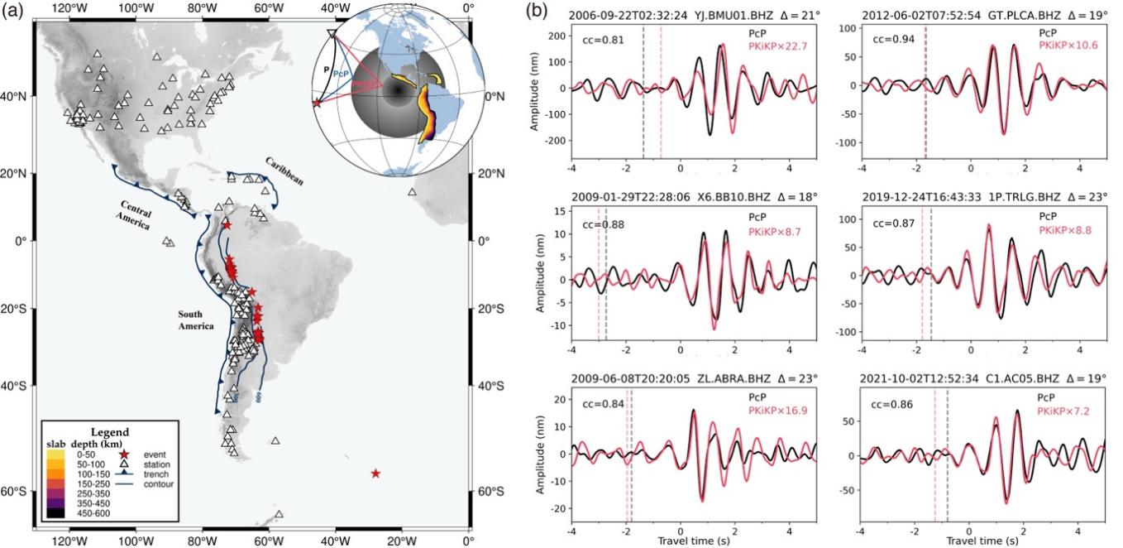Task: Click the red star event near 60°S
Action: coord(375,473)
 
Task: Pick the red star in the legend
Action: coord(125,455)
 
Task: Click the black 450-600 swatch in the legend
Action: coord(55,514)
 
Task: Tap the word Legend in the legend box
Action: coord(109,431)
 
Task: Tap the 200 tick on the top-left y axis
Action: coord(552,36)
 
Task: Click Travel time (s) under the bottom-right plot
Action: coord(983,541)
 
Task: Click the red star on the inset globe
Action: coord(318,103)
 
